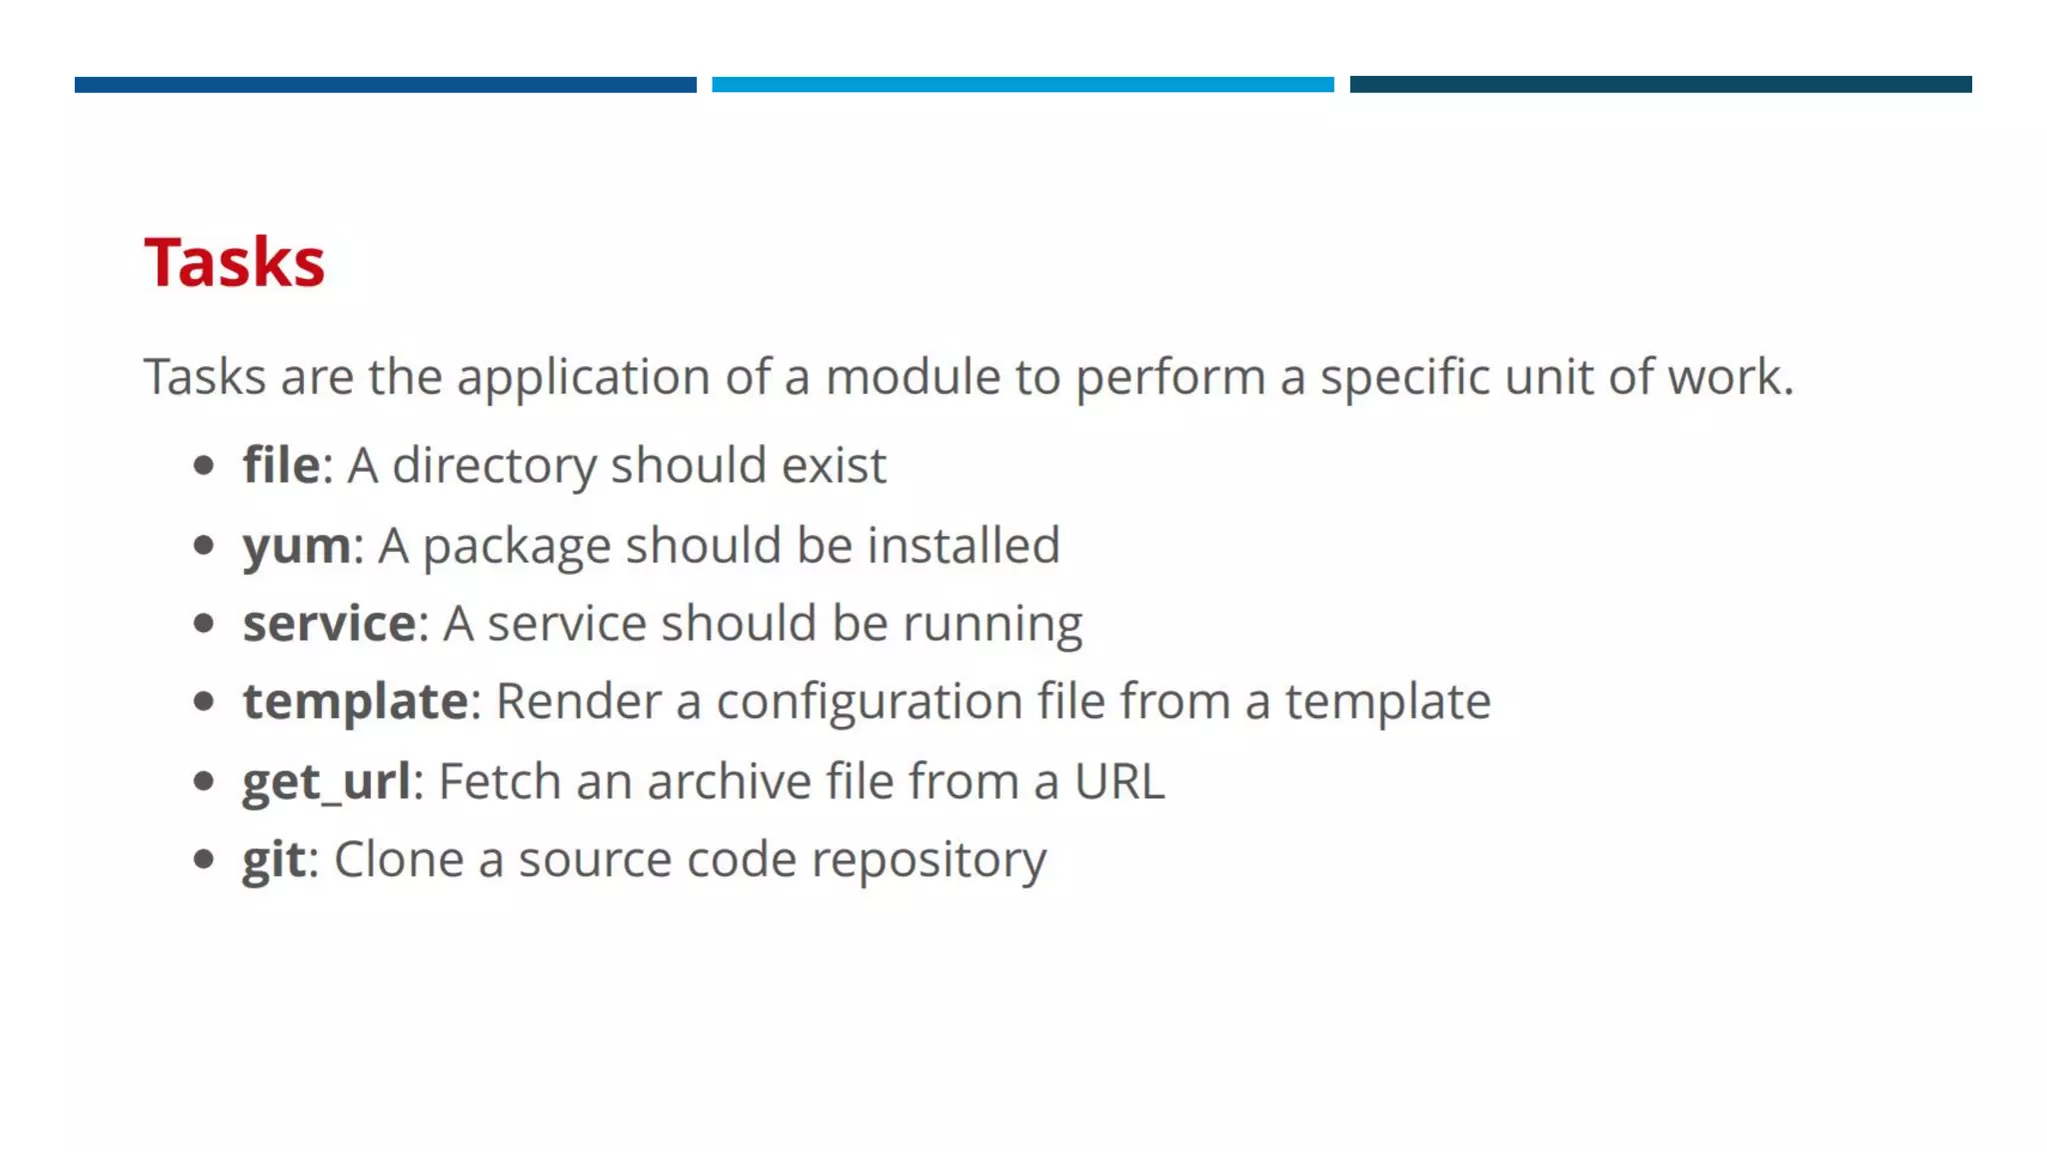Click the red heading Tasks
[234, 262]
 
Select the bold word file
[281, 465]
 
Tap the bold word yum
[297, 546]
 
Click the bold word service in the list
[329, 623]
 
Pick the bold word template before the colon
[355, 701]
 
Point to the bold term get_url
[326, 781]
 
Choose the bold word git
[274, 859]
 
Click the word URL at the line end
[1119, 781]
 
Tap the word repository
[929, 859]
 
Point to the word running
[992, 623]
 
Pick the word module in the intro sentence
[913, 377]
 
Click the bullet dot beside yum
[204, 545]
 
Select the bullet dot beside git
[204, 859]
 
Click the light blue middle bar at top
[1023, 85]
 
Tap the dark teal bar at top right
[1660, 85]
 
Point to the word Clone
[398, 859]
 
